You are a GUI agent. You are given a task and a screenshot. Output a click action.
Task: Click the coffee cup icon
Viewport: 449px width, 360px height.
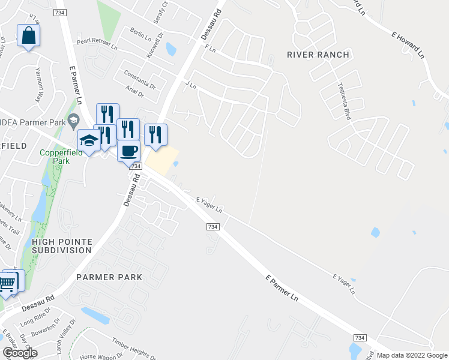click(x=128, y=150)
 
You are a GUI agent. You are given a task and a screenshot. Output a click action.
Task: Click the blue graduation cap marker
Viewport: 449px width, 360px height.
click(x=89, y=140)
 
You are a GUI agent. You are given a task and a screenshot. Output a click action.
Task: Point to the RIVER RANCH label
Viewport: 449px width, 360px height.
click(x=318, y=55)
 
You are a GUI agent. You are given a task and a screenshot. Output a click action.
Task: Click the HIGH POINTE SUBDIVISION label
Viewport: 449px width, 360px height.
click(x=62, y=245)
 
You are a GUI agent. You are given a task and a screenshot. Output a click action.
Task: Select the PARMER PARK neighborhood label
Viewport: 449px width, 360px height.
click(x=109, y=277)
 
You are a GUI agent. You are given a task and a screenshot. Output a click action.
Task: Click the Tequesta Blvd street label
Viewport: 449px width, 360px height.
click(x=343, y=101)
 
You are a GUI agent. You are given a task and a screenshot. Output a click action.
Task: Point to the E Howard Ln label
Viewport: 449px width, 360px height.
click(x=408, y=45)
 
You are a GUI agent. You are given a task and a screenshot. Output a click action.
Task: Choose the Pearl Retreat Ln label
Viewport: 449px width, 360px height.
click(x=97, y=41)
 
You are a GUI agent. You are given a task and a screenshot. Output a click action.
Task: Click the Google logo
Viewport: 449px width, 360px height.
click(x=20, y=353)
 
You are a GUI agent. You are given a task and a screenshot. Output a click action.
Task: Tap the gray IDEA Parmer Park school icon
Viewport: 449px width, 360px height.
click(x=74, y=120)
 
